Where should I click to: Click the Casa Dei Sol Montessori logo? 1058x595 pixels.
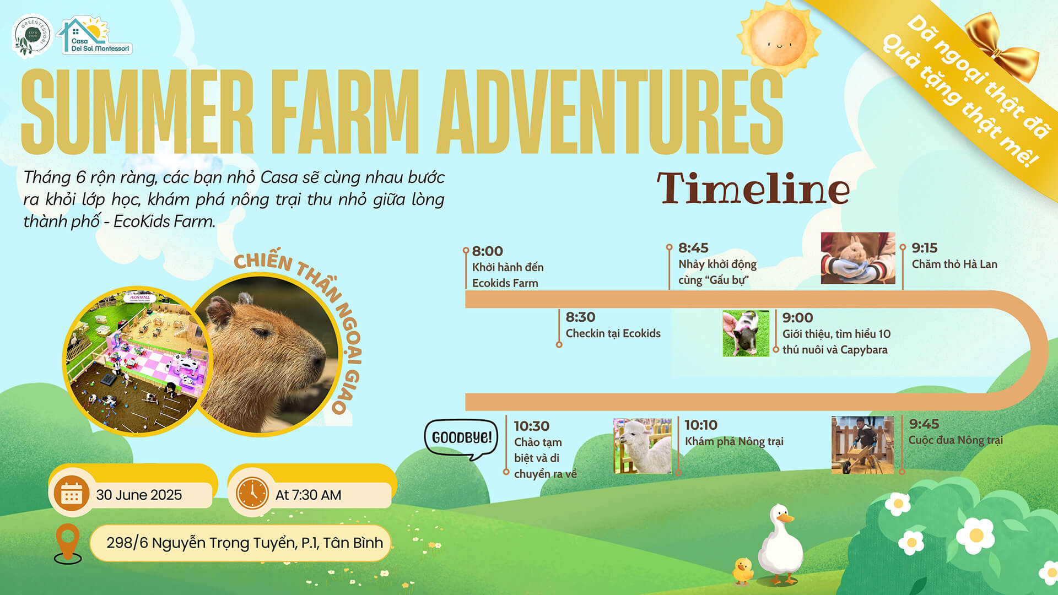click(95, 35)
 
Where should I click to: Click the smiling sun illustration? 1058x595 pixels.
click(778, 39)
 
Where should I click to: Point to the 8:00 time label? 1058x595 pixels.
click(488, 251)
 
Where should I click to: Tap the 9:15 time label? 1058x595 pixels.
click(925, 248)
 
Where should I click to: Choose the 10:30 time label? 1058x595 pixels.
click(532, 426)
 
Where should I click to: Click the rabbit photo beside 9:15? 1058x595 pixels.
click(858, 258)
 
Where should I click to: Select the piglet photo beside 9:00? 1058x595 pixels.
click(746, 333)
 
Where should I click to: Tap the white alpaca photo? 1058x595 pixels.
click(643, 446)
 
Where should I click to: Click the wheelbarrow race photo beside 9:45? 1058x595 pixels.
click(862, 445)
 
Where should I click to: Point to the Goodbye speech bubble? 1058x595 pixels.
click(461, 439)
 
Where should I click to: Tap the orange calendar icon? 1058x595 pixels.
click(72, 494)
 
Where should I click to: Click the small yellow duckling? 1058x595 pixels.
click(743, 571)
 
